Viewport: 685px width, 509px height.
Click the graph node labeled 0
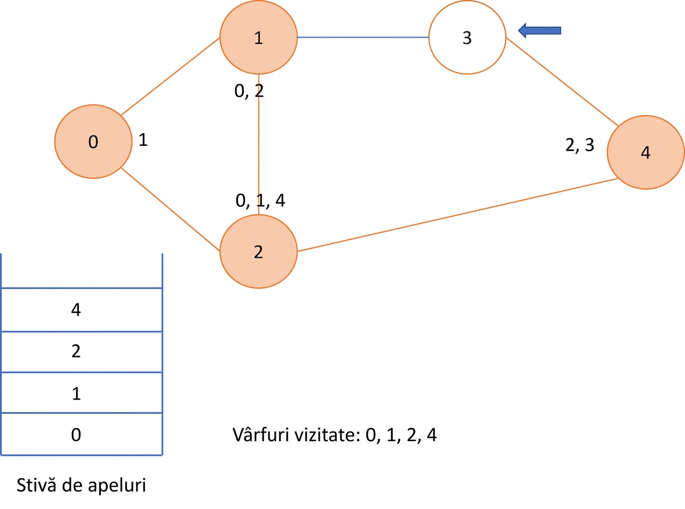tap(93, 141)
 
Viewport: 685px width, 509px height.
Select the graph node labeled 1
tap(259, 37)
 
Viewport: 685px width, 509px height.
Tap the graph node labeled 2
tap(259, 251)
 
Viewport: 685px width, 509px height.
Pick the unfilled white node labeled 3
tap(468, 37)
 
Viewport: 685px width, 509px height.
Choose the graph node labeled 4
tap(646, 152)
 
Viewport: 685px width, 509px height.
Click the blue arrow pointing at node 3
tap(539, 30)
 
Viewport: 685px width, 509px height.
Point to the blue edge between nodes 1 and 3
tap(363, 37)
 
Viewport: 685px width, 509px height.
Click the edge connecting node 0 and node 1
tap(170, 76)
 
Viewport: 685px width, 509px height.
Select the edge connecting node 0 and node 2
tap(170, 209)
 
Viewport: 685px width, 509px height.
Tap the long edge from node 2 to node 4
tap(458, 215)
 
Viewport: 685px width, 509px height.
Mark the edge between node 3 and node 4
tap(562, 82)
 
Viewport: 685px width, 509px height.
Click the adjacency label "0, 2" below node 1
tap(249, 91)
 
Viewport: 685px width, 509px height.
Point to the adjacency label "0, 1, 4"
tap(260, 201)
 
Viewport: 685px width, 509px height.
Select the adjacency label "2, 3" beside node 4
tap(580, 145)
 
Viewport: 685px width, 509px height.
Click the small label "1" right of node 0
tap(143, 140)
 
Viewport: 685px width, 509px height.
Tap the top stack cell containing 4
tap(82, 310)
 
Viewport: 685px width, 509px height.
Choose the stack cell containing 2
tap(82, 352)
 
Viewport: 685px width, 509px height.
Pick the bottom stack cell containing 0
tap(82, 434)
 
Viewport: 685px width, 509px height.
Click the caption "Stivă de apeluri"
tap(81, 485)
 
